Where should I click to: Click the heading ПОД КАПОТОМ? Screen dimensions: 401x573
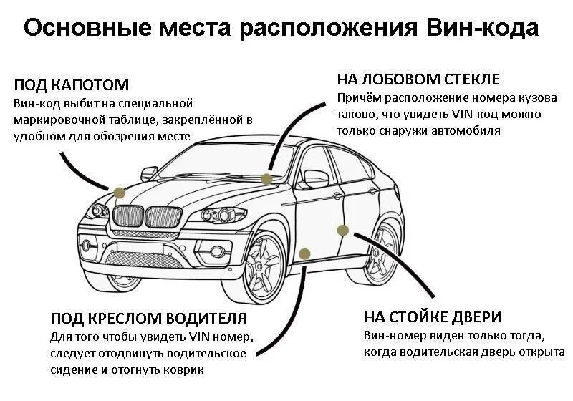pos(71,85)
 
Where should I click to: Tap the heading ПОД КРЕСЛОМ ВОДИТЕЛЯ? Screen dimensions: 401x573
pos(148,318)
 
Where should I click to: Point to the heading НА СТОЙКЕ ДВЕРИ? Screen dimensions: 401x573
pos(432,317)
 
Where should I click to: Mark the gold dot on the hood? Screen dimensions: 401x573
pos(120,192)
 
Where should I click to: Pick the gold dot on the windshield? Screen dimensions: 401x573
pos(266,179)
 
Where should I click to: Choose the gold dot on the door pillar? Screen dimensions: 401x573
pos(342,230)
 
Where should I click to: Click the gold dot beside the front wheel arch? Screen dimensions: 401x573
pos(304,253)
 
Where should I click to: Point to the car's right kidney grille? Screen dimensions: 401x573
pos(163,217)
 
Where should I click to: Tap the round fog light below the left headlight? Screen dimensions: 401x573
pos(87,245)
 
